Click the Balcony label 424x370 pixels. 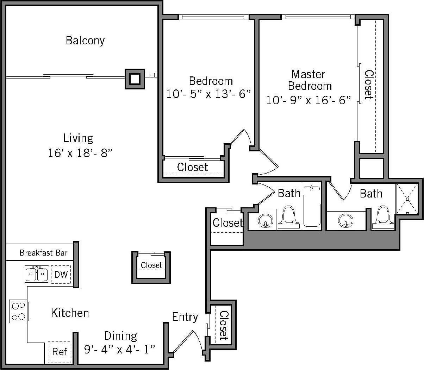tap(85, 40)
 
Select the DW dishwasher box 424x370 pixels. tap(61, 274)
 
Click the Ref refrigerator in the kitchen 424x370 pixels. tap(59, 352)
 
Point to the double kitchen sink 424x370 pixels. tap(37, 274)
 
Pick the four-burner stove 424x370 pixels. tap(18, 311)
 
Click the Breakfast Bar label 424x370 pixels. tap(43, 253)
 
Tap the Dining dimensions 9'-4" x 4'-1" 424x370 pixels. tap(120, 349)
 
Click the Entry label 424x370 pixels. tap(185, 317)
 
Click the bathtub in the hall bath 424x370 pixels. tap(312, 206)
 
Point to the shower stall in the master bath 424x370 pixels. tap(407, 199)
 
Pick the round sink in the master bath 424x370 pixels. tap(345, 221)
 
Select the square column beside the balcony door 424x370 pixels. tap(135, 79)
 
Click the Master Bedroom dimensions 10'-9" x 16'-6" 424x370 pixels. tap(308, 100)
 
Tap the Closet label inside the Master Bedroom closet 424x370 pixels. tap(369, 84)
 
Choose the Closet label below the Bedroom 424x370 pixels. tap(192, 167)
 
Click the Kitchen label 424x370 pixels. tap(70, 313)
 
